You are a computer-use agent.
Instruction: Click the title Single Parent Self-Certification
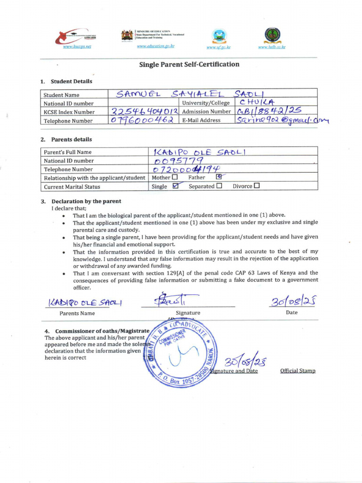point(189,64)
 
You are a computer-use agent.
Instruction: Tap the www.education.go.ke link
point(156,46)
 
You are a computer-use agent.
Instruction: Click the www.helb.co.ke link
point(271,47)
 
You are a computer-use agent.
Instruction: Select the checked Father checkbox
point(218,177)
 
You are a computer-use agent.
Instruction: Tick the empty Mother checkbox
point(175,177)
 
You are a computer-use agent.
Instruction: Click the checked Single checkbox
point(175,186)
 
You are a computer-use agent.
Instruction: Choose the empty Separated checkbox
point(219,186)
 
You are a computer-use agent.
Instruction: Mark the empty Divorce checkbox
point(256,186)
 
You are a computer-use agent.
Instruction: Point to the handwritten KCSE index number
point(144,112)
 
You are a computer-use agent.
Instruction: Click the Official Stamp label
point(297,371)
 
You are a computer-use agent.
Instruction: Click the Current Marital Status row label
point(72,187)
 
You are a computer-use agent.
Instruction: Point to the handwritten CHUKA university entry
point(257,102)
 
